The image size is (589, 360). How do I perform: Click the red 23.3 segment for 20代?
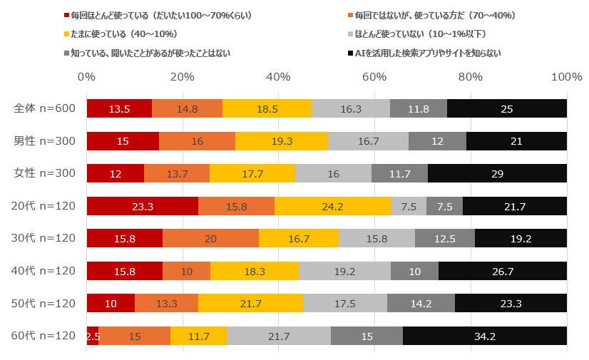click(x=143, y=206)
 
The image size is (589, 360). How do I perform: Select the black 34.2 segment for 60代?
click(x=485, y=336)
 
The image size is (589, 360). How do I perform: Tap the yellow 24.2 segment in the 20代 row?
click(x=332, y=206)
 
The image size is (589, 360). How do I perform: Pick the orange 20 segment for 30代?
click(x=210, y=238)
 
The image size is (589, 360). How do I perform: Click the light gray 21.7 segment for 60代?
click(x=279, y=336)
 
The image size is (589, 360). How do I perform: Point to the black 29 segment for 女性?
click(x=497, y=173)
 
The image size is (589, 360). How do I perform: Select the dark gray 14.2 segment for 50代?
click(x=421, y=303)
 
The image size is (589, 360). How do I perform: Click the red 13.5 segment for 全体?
click(x=119, y=108)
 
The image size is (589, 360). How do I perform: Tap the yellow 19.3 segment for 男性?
click(x=282, y=141)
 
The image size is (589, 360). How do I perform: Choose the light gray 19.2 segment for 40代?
click(x=344, y=271)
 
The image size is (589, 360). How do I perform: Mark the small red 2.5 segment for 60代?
click(x=93, y=336)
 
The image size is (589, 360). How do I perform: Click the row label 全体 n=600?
click(x=45, y=108)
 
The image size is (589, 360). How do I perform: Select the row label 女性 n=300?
click(x=45, y=173)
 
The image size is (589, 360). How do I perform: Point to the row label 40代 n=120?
click(x=45, y=271)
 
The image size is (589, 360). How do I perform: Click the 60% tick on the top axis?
click(x=375, y=76)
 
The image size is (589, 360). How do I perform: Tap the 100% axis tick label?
click(x=566, y=76)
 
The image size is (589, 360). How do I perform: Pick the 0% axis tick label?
click(x=86, y=76)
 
